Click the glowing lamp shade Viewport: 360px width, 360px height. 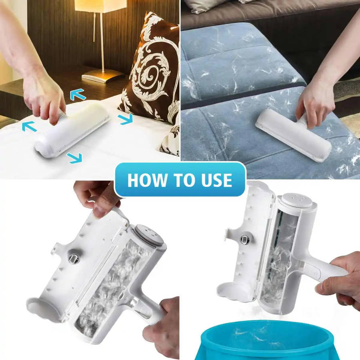(102, 6)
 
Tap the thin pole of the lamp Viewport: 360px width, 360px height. (102, 41)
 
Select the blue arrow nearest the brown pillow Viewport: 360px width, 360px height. (126, 119)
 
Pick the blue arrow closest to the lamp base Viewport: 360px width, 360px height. (78, 95)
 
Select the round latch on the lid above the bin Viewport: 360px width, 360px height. (244, 240)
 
